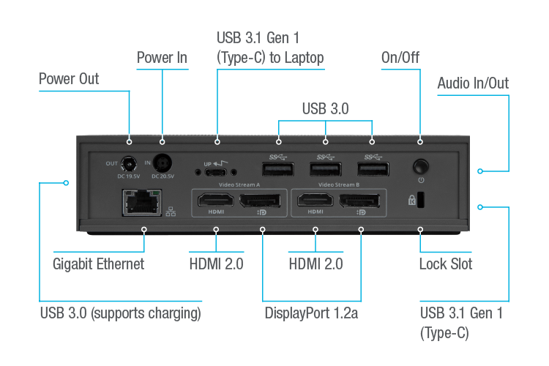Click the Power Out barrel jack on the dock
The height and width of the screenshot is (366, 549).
point(130,163)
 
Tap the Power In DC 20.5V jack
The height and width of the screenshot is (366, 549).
point(161,163)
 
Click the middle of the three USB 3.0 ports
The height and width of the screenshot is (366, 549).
point(322,168)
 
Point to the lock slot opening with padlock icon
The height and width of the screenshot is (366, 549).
point(421,200)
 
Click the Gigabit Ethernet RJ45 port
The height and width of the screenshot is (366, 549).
point(143,203)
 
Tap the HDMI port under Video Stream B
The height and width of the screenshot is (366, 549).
point(315,200)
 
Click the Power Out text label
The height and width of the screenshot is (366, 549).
point(69,78)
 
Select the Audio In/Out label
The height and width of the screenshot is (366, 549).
point(472,83)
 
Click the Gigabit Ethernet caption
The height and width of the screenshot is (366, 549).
point(98,264)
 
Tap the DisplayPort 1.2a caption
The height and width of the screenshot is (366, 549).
point(315,313)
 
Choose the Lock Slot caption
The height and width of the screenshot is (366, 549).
point(445,264)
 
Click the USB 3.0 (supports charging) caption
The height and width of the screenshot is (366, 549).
point(121,313)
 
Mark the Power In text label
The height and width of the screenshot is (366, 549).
point(162,57)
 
